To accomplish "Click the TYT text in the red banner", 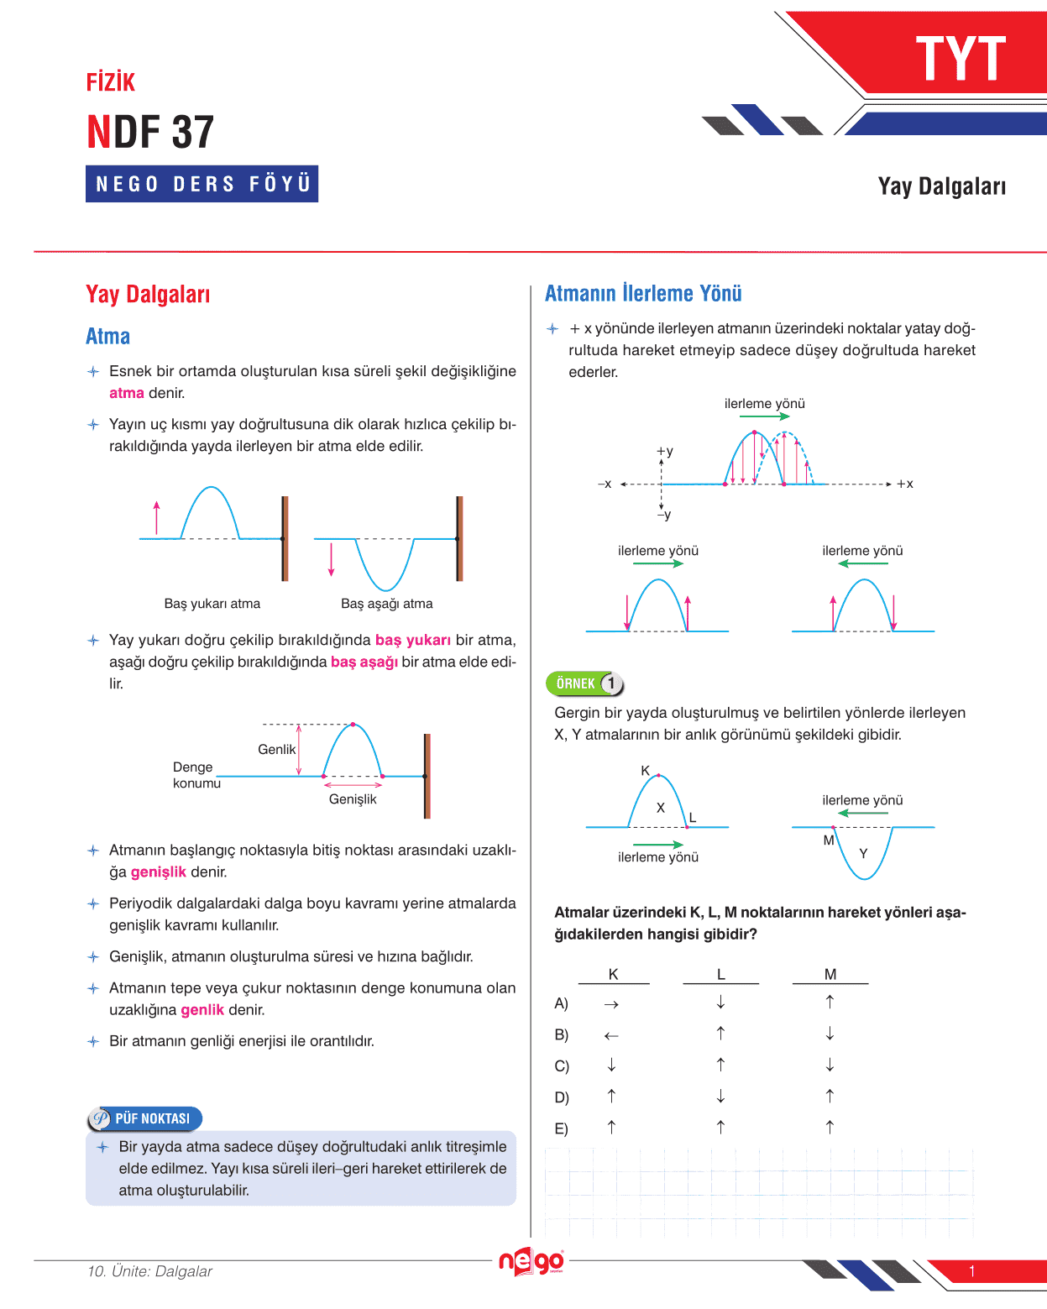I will click(961, 60).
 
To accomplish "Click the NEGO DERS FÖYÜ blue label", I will click(202, 184).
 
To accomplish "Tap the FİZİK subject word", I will click(111, 82).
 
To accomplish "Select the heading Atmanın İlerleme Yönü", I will click(643, 294).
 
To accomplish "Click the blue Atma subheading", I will click(108, 337).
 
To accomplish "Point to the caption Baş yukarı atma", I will click(212, 604).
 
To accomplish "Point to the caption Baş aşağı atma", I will click(387, 604).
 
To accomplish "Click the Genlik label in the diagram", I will click(276, 749).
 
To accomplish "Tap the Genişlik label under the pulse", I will click(353, 799).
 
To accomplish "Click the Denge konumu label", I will click(196, 775).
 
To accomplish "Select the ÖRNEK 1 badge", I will click(585, 683).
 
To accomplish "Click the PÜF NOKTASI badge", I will click(145, 1118).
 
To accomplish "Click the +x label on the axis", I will click(905, 484).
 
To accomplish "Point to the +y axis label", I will click(665, 451).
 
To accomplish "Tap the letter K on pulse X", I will click(645, 771).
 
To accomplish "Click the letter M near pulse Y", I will click(829, 840).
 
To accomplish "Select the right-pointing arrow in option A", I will click(611, 1004).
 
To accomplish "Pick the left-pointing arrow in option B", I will click(611, 1036).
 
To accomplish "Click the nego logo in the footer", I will click(531, 1261).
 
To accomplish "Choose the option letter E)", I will click(561, 1129).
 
